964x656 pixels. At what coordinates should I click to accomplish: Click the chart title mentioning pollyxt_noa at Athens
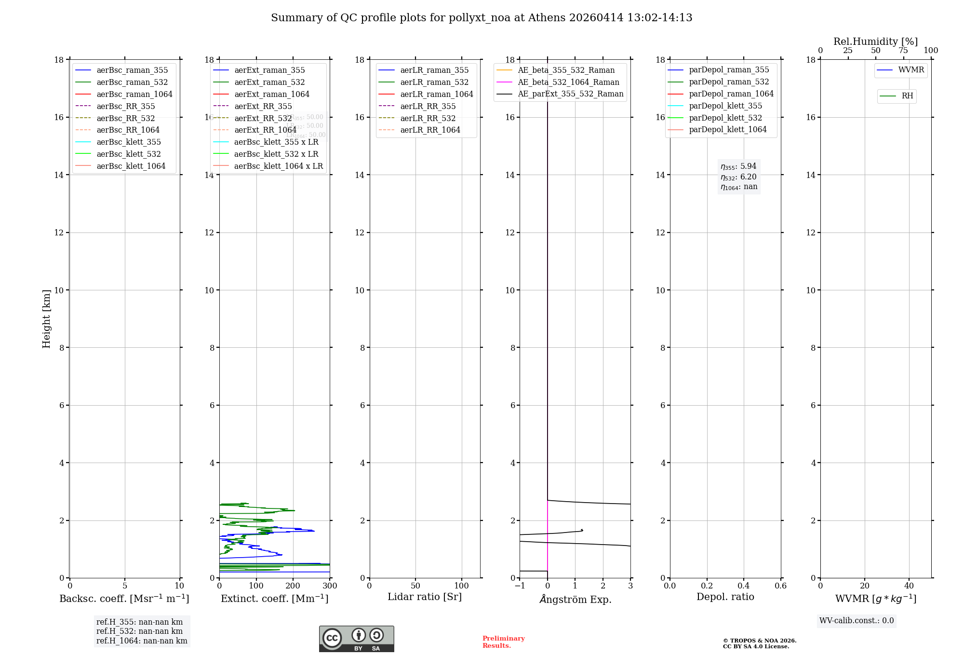pyautogui.click(x=482, y=18)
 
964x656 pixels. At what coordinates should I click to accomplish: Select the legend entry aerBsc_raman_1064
pyautogui.click(x=134, y=94)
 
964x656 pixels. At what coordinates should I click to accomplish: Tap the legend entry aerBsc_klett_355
pyautogui.click(x=128, y=142)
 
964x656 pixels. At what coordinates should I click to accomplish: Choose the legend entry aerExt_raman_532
pyautogui.click(x=269, y=82)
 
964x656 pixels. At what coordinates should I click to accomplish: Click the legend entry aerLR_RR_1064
pyautogui.click(x=430, y=130)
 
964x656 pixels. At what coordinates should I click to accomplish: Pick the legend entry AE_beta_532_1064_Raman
pyautogui.click(x=568, y=82)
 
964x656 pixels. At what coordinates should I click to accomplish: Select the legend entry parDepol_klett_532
pyautogui.click(x=725, y=118)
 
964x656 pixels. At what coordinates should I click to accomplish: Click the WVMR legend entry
pyautogui.click(x=911, y=70)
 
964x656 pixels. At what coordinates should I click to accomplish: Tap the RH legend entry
pyautogui.click(x=907, y=96)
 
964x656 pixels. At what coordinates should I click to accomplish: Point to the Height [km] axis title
pyautogui.click(x=46, y=318)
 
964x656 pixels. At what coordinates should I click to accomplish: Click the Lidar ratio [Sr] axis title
pyautogui.click(x=425, y=597)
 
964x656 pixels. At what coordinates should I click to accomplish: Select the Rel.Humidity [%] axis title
pyautogui.click(x=875, y=41)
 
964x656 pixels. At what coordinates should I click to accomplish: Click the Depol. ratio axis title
pyautogui.click(x=725, y=597)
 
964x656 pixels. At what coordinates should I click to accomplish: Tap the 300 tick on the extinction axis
pyautogui.click(x=330, y=586)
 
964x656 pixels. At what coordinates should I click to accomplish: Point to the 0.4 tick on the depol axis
pyautogui.click(x=744, y=586)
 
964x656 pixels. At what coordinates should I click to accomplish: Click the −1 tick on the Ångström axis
pyautogui.click(x=520, y=586)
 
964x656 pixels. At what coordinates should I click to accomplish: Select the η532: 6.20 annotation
pyautogui.click(x=738, y=177)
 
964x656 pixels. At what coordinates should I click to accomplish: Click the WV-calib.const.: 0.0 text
pyautogui.click(x=857, y=621)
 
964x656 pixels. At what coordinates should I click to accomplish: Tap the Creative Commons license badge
pyautogui.click(x=356, y=639)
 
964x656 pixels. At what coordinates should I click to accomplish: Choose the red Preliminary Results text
pyautogui.click(x=503, y=642)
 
